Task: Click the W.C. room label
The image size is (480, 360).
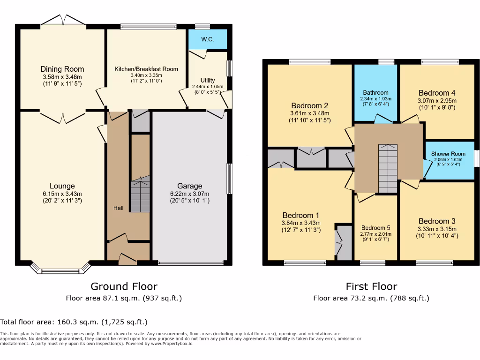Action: (x=208, y=39)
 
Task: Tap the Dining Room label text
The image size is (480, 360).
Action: (x=62, y=69)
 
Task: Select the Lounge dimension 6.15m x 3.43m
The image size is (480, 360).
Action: (x=62, y=194)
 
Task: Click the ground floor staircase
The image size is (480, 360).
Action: (x=140, y=195)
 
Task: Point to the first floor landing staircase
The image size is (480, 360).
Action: (x=388, y=169)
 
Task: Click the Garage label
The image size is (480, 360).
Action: (x=190, y=186)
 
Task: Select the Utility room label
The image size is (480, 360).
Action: (x=208, y=81)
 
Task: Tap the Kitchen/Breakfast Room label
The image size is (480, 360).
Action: (x=146, y=69)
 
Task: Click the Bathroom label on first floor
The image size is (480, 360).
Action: (x=375, y=93)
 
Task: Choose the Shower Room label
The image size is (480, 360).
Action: (x=449, y=154)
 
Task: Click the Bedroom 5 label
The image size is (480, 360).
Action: (x=375, y=228)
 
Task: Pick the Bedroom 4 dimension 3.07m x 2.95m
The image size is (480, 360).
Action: (x=437, y=100)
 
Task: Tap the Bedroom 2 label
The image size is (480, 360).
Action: (x=309, y=105)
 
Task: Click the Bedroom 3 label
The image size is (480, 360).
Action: (x=437, y=221)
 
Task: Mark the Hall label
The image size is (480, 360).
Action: (x=119, y=208)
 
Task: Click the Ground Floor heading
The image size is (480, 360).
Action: (x=124, y=286)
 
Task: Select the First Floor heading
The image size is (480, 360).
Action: (x=371, y=286)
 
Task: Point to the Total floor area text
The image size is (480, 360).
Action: (x=74, y=322)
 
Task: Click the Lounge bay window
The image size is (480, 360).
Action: (x=60, y=270)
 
